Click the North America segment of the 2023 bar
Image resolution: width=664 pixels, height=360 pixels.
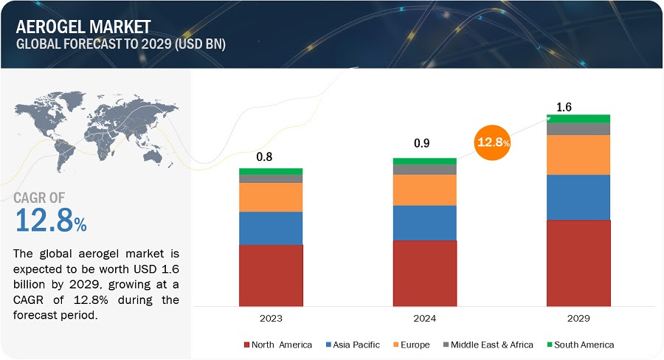(x=271, y=274)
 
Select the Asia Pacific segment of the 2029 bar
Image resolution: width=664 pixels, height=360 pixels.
(x=578, y=197)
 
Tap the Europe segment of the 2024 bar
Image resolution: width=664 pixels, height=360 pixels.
(x=424, y=190)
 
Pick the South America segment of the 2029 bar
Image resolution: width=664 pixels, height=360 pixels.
(x=578, y=118)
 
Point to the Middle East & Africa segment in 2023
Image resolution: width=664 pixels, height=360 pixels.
(x=271, y=179)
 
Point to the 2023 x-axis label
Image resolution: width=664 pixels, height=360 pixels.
(x=271, y=318)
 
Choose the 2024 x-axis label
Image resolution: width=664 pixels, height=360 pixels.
(x=424, y=318)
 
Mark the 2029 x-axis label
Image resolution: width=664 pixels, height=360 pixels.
(x=578, y=318)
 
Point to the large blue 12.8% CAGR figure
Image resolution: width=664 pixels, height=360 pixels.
(x=50, y=220)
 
